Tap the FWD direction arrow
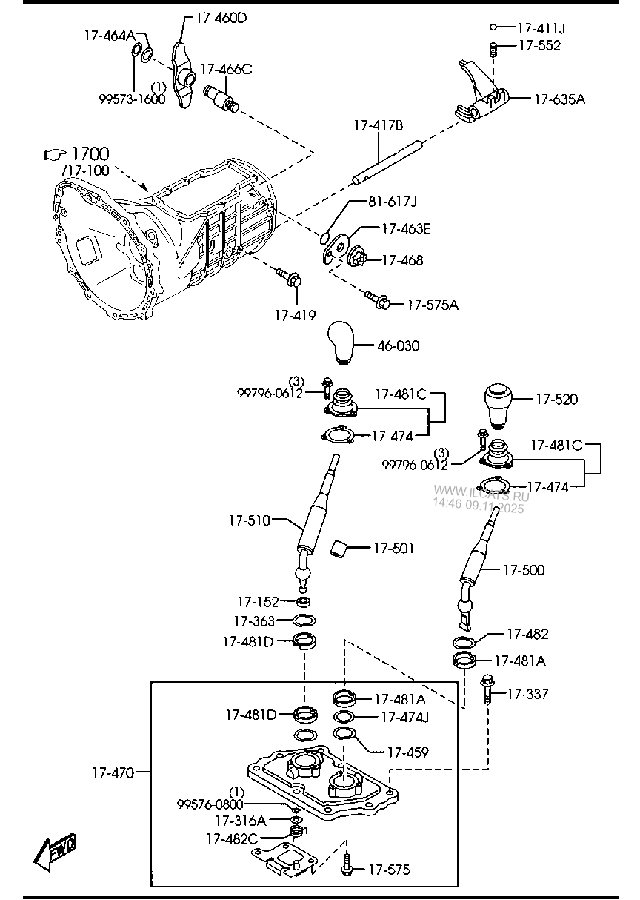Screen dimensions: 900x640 click(x=56, y=853)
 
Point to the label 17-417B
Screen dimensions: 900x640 click(x=378, y=126)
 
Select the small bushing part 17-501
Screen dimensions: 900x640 click(x=340, y=549)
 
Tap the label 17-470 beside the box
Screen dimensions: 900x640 click(x=113, y=773)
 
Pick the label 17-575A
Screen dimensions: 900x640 click(x=433, y=304)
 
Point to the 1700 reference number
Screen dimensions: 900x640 click(x=90, y=154)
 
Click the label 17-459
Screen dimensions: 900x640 click(x=407, y=752)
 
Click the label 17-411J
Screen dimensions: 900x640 click(x=540, y=28)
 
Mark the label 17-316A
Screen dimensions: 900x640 click(x=240, y=821)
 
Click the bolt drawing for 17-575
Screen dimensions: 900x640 click(x=347, y=863)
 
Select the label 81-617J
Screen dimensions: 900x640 click(x=393, y=202)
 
